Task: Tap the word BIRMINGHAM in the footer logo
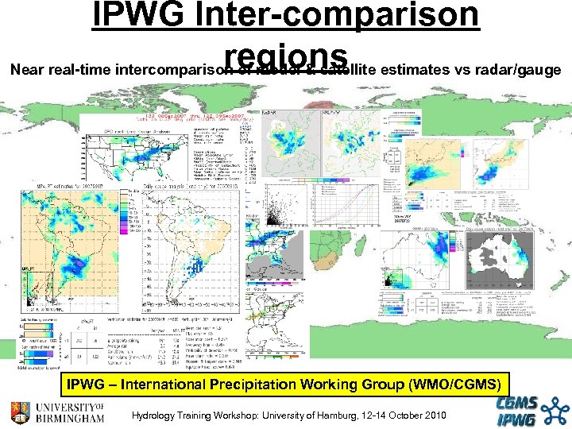click(69, 417)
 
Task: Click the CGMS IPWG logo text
click(521, 412)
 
